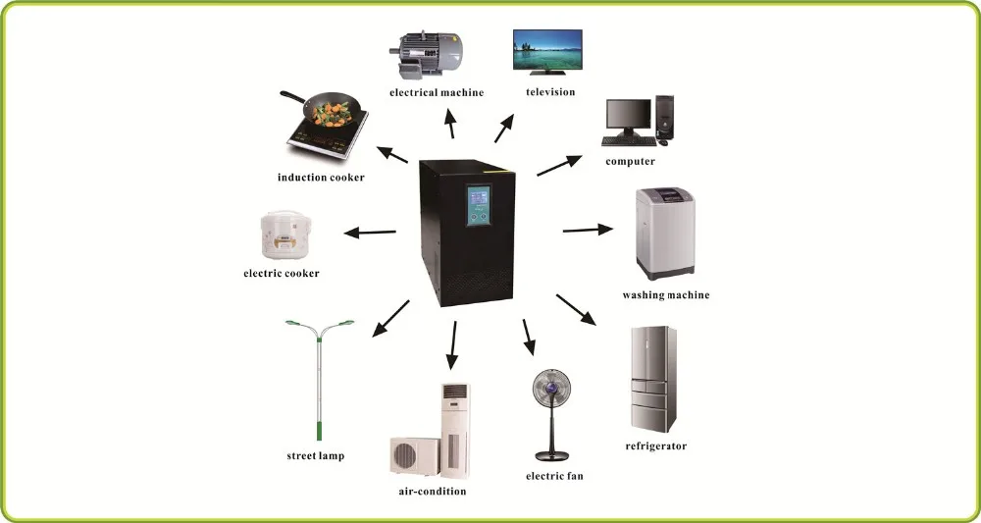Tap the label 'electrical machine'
pos(437,93)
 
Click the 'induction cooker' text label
pos(321,178)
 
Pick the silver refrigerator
pos(651,380)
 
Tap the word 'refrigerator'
pos(655,446)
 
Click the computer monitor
pos(628,119)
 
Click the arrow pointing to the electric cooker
pos(369,233)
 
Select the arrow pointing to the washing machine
pos(588,231)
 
